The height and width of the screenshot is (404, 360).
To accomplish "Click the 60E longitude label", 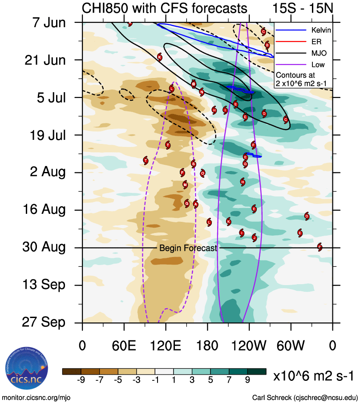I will pyautogui.click(x=124, y=346).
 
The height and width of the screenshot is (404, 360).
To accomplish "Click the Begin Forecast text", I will pyautogui.click(x=188, y=248).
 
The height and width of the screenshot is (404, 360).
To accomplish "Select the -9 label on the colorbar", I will pyautogui.click(x=81, y=380).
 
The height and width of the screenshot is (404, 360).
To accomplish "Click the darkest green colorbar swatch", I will pyautogui.click(x=256, y=371).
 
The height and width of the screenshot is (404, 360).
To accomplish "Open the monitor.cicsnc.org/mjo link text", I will pyautogui.click(x=36, y=397).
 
